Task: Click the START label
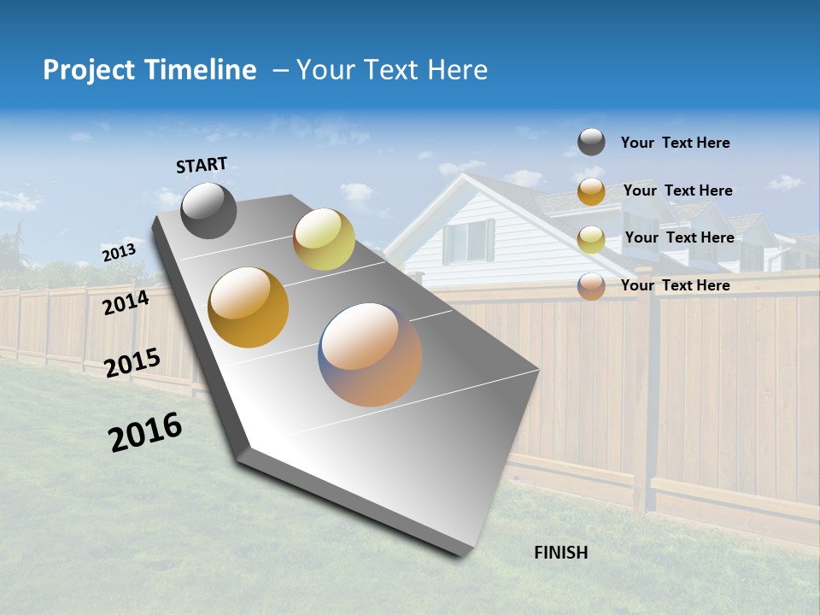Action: point(202,165)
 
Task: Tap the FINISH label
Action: point(561,553)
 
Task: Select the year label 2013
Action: point(119,253)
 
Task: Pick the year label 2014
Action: point(126,302)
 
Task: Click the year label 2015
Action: point(132,363)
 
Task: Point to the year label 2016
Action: point(145,432)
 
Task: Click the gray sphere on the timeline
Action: point(208,210)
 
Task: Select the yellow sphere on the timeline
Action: point(324,239)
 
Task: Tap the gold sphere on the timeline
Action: point(249,307)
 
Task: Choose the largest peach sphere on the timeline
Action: point(370,354)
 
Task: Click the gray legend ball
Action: point(591,142)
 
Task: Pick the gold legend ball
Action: point(591,191)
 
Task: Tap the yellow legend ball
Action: point(591,238)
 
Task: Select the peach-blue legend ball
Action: point(591,285)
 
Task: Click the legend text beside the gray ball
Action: point(675,143)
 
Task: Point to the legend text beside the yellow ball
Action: point(679,237)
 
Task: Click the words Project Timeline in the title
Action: point(149,70)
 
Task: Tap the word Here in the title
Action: point(457,70)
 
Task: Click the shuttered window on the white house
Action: point(468,242)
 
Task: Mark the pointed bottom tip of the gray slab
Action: point(462,555)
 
